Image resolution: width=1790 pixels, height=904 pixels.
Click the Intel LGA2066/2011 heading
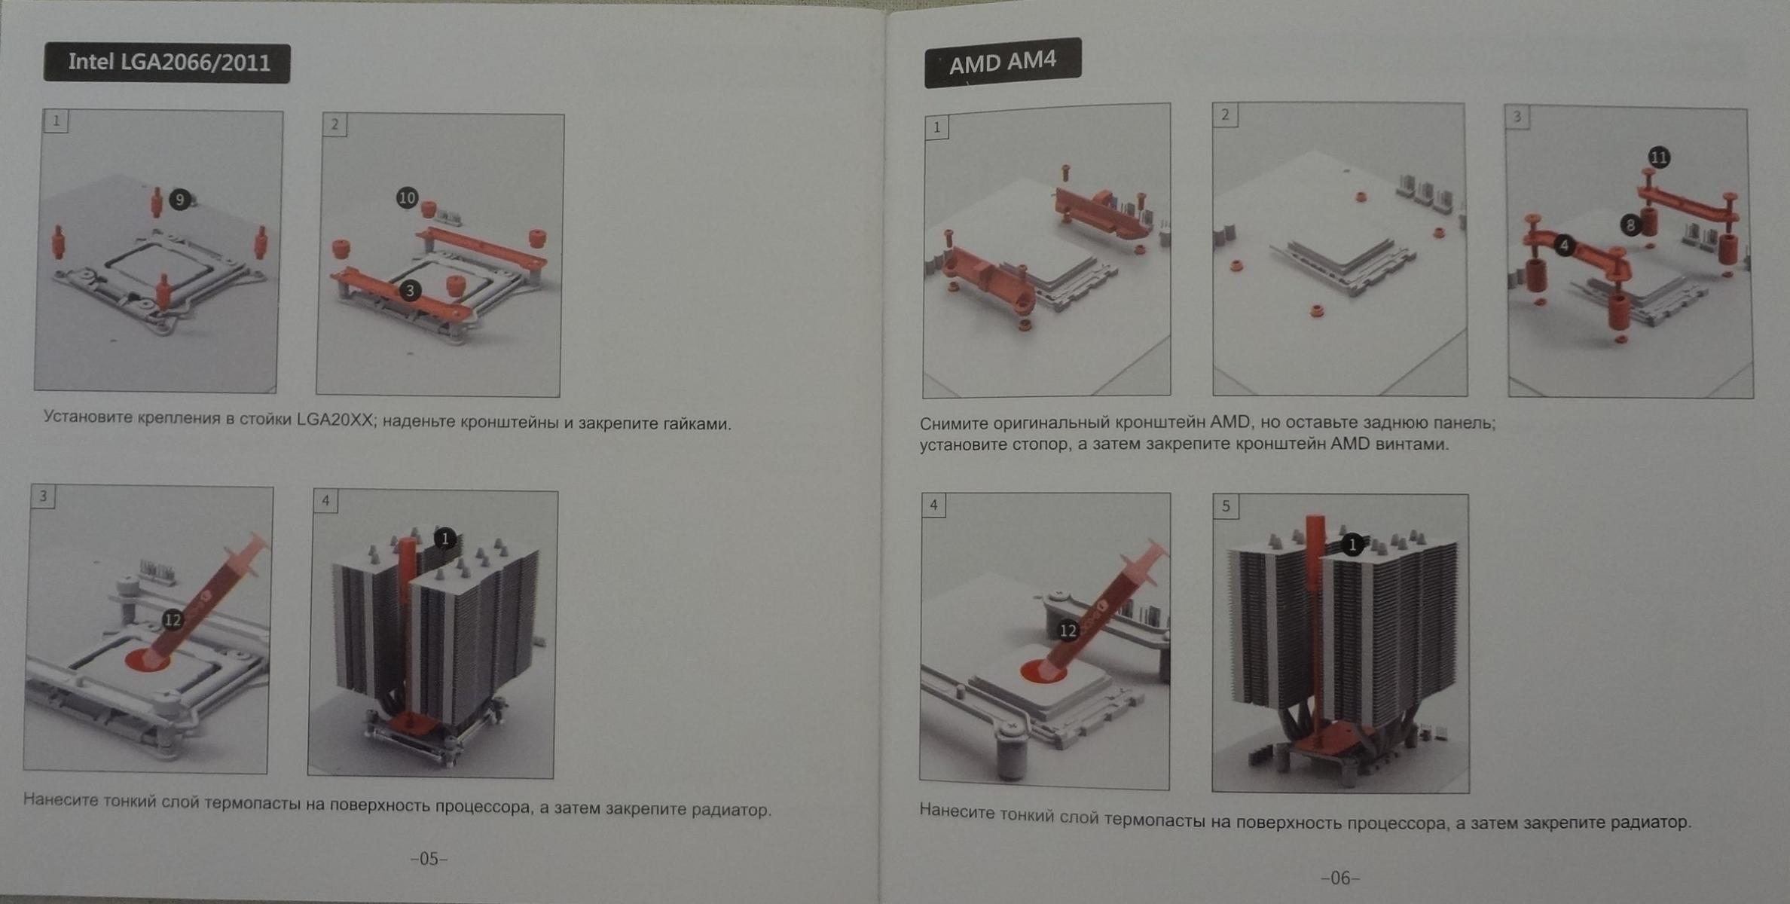(167, 63)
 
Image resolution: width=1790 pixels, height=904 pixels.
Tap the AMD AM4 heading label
(1003, 62)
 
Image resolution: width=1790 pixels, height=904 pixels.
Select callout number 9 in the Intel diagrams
(179, 200)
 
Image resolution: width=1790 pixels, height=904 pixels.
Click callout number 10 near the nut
(407, 198)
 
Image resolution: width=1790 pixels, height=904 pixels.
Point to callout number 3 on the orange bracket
(410, 290)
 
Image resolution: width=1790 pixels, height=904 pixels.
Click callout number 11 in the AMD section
(1659, 157)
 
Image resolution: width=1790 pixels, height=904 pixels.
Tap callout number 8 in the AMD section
(1631, 224)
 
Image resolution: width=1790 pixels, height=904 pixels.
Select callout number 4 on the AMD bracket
(1565, 246)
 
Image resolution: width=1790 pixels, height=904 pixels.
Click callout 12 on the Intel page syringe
(173, 619)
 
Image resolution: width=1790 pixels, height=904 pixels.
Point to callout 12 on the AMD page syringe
(1068, 631)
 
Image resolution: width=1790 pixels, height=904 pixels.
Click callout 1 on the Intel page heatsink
(445, 539)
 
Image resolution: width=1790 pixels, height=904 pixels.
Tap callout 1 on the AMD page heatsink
(1352, 545)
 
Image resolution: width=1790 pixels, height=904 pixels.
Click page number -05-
(429, 859)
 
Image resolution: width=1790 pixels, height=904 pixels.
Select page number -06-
(1340, 878)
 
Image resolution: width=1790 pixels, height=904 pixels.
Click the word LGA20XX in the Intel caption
(334, 420)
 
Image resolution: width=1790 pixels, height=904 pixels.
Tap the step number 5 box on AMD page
(1225, 506)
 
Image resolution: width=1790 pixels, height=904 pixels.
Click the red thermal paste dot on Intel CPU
(146, 661)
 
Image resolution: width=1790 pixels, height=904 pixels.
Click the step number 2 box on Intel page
(334, 125)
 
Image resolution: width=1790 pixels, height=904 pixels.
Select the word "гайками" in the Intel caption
(697, 424)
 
